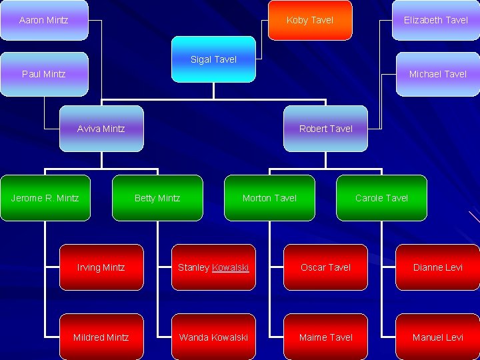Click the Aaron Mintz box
(44, 20)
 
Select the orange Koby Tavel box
(310, 20)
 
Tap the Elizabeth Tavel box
(436, 20)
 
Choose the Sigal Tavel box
(213, 59)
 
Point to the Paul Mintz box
(44, 74)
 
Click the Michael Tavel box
(437, 74)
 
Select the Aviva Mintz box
(101, 129)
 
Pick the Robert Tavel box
(325, 129)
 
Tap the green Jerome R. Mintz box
(45, 198)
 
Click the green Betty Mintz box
(157, 198)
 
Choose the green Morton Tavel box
(269, 198)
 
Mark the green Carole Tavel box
(381, 198)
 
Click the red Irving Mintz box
(101, 267)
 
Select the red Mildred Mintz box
(101, 337)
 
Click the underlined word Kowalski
(230, 267)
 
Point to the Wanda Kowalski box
(213, 337)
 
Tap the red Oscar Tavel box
(325, 267)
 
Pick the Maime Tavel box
(325, 337)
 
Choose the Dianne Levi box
(437, 267)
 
